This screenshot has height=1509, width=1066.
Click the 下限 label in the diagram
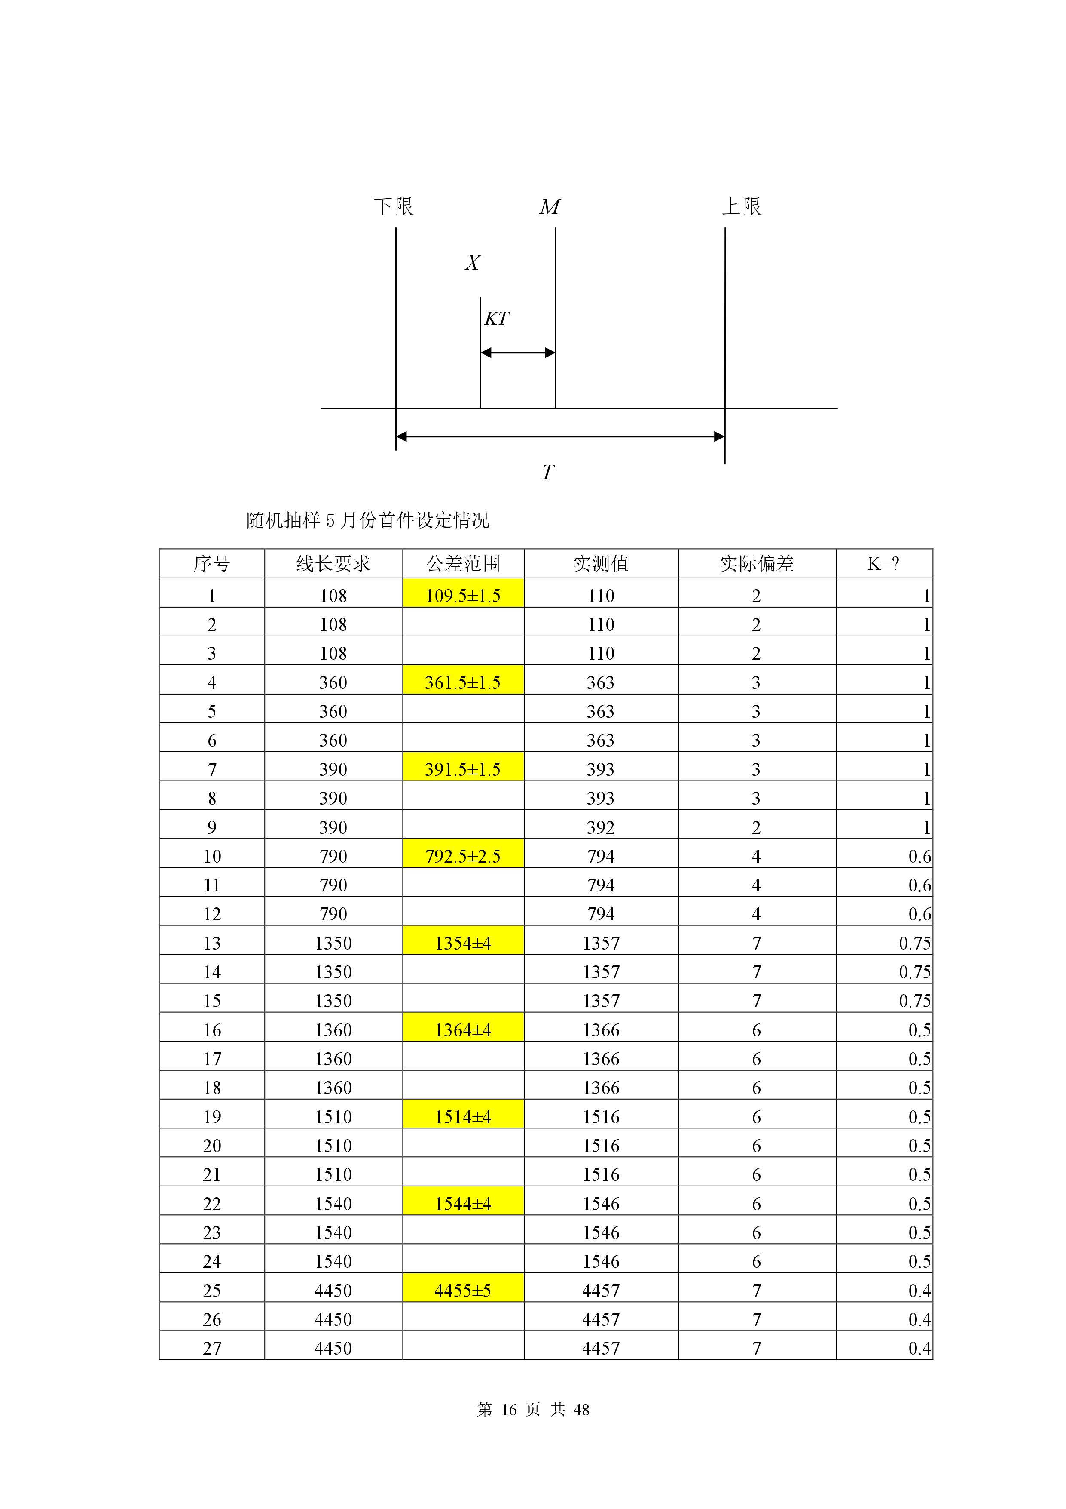394,206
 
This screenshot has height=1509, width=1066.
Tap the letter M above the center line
550,207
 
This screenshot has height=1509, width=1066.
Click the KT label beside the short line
497,319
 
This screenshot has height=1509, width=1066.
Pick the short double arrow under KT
518,353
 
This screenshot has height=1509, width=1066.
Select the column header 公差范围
463,563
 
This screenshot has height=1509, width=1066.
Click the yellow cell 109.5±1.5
463,596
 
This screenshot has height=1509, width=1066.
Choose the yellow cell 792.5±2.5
463,856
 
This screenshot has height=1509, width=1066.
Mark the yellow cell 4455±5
463,1290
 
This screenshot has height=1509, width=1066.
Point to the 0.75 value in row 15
914,1001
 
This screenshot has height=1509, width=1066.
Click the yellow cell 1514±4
463,1117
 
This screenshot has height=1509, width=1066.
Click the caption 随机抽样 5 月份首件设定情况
367,520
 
